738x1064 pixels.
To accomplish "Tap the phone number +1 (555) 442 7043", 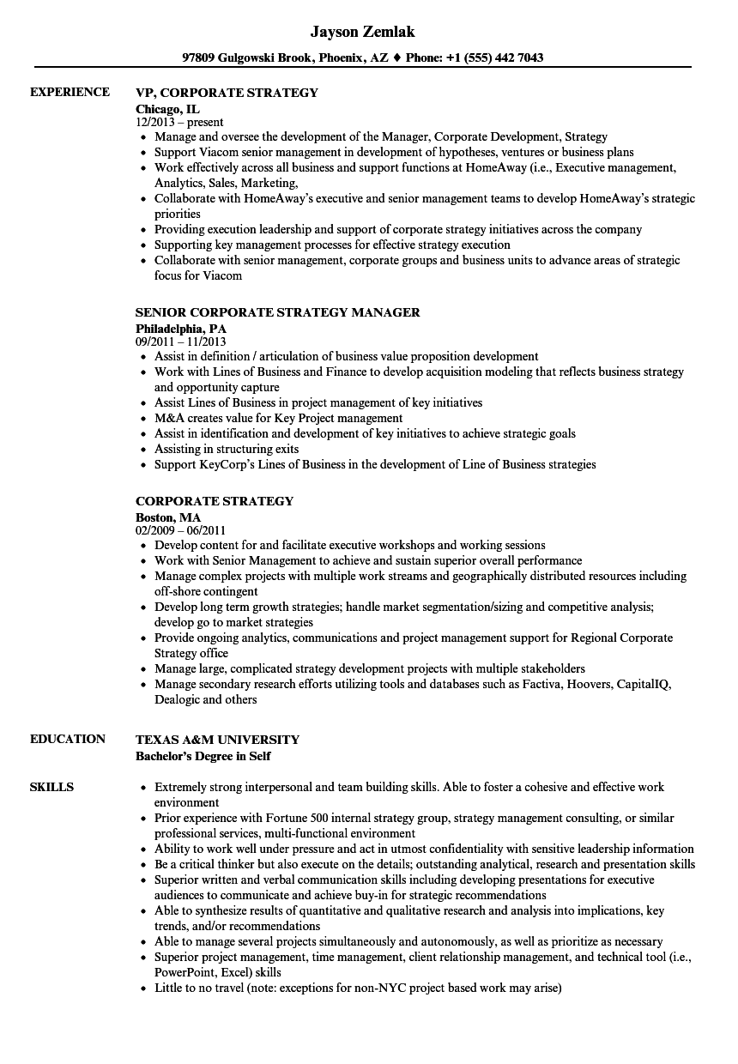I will pos(496,58).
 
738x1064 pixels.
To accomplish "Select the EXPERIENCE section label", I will pos(70,92).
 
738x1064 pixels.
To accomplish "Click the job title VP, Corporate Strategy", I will pos(227,93).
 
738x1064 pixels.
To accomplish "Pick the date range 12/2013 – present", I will pos(179,122).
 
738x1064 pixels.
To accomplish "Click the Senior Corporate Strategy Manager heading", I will pos(278,312).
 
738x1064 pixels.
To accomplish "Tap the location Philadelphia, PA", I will pos(181,328).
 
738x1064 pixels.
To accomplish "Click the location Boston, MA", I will pos(168,517).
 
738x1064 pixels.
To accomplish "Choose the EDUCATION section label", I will pos(68,739).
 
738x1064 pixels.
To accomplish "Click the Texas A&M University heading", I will pos(217,740).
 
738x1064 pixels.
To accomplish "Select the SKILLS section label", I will pos(51,787).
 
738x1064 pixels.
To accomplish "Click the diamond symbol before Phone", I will pos(396,58).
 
